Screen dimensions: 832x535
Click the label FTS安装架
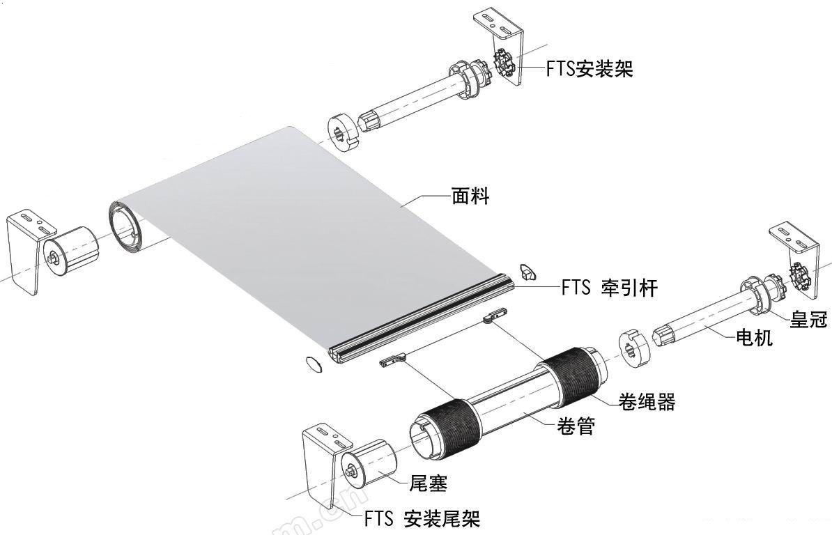[590, 69]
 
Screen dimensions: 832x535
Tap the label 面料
[470, 196]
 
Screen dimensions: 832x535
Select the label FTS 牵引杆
[610, 288]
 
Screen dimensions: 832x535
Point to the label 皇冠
[808, 318]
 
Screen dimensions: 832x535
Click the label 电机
[754, 336]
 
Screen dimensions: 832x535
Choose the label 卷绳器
[647, 401]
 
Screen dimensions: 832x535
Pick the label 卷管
[576, 425]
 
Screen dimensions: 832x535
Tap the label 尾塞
[429, 483]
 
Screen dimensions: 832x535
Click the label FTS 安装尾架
[422, 518]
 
